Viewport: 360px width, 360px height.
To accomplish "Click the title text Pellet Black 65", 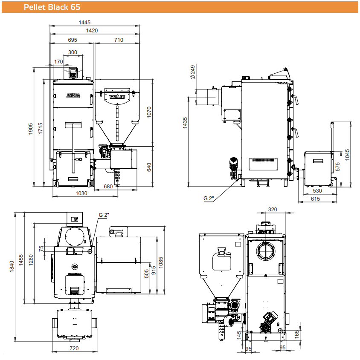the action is coord(52,7).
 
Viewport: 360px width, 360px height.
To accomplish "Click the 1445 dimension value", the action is coord(84,22).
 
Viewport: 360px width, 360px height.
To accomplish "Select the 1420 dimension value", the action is coord(92,31).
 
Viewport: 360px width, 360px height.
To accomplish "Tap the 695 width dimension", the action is coord(73,40).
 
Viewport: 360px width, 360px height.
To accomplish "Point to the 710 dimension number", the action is coord(119,40).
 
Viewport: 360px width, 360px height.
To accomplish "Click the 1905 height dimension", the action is coord(31,129).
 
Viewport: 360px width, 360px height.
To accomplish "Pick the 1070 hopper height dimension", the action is coord(149,112).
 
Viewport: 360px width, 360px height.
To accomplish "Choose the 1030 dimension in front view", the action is coord(81,193).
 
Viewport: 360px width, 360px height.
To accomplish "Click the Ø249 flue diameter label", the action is coord(193,72).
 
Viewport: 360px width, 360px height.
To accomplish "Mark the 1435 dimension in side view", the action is coord(185,123).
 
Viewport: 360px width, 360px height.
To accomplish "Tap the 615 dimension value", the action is coord(315,199).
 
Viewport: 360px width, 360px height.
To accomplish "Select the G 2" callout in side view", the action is coord(209,199).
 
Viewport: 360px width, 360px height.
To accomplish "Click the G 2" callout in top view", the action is coord(104,215).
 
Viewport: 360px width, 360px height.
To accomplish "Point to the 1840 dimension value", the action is coord(12,266).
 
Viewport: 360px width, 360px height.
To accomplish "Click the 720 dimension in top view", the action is coord(74,348).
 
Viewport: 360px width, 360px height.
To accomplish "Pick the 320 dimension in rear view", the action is coord(273,209).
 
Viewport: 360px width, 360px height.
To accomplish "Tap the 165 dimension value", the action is coord(297,334).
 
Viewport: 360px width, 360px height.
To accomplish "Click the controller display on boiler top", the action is coord(73,72).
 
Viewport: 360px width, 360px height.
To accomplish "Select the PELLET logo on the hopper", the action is coord(117,97).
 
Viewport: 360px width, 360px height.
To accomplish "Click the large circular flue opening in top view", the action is coord(75,236).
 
